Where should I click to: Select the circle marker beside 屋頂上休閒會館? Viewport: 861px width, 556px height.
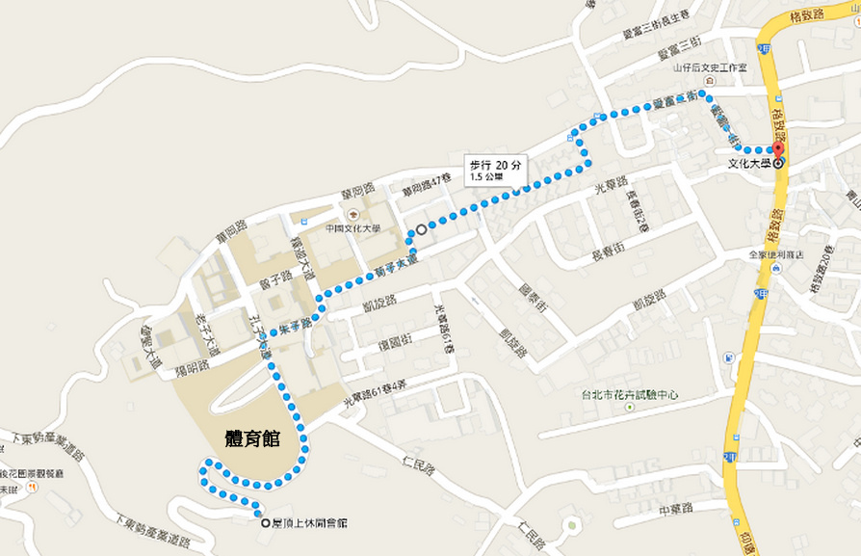(x=266, y=523)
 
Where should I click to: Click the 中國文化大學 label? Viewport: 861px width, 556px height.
(x=353, y=228)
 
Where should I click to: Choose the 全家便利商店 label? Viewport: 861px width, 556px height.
(x=775, y=255)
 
